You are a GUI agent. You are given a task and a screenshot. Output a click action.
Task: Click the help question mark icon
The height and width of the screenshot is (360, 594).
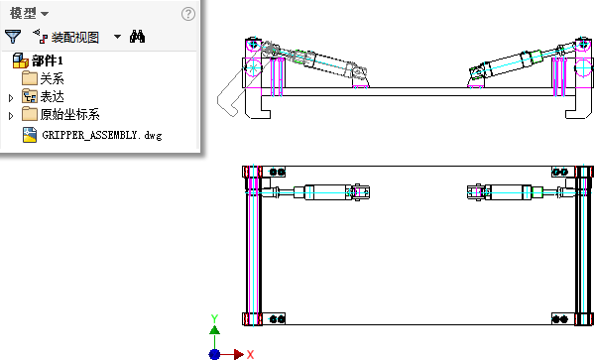point(188,14)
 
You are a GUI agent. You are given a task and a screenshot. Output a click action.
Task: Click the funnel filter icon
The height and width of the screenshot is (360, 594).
point(13,37)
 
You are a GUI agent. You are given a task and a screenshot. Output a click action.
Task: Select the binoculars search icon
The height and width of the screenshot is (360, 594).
point(137,37)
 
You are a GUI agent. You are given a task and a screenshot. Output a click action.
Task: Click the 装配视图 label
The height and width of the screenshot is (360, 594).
point(75,37)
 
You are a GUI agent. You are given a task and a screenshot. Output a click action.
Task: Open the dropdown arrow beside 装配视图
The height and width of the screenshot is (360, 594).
point(117,37)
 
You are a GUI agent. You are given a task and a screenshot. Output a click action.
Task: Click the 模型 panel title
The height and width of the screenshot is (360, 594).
point(23,13)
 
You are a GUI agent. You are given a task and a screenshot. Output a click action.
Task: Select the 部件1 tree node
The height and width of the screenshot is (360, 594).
point(48,60)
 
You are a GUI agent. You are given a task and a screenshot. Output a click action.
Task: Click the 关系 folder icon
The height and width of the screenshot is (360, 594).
point(30,78)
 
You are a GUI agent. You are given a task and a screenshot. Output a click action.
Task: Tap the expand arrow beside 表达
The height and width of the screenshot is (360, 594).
point(11,98)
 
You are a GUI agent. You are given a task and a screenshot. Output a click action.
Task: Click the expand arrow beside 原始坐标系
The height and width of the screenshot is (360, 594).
point(11,116)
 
